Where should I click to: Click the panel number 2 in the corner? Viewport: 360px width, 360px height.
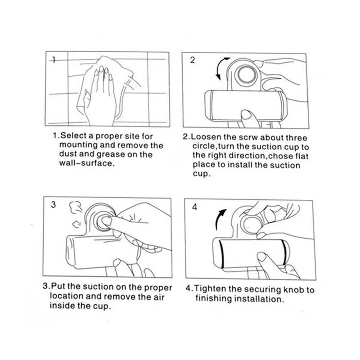click(193, 60)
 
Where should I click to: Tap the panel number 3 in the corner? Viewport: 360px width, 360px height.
click(53, 204)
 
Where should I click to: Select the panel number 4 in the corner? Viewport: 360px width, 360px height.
click(194, 207)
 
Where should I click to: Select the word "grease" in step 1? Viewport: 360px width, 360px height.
click(111, 154)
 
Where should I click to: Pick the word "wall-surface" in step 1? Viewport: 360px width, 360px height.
click(86, 163)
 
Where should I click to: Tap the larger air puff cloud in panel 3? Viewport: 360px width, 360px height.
click(75, 207)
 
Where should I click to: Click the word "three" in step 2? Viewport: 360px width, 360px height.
click(297, 138)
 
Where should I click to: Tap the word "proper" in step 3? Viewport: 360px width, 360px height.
click(158, 288)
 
